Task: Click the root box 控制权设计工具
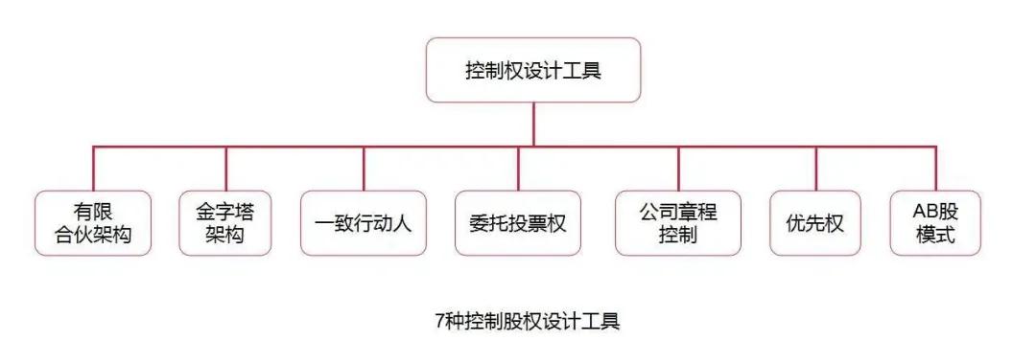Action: pos(532,70)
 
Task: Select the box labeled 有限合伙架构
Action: pos(93,223)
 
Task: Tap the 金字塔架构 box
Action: pos(225,223)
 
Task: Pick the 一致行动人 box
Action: pos(363,223)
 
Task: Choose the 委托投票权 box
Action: pos(518,223)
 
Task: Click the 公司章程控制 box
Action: pos(677,223)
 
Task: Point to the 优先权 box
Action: pos(815,223)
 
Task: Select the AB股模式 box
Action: pos(935,223)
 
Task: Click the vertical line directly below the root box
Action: pos(532,125)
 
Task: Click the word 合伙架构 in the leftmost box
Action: pos(93,236)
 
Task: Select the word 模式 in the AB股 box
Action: pos(935,236)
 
